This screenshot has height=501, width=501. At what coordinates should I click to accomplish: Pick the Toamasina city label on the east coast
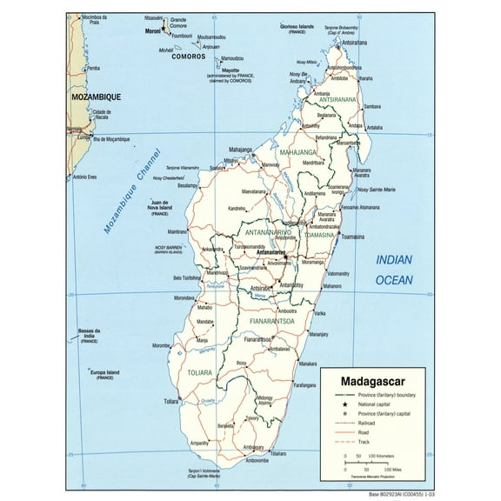click(328, 237)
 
